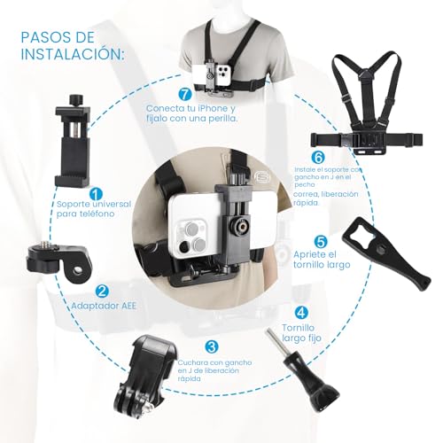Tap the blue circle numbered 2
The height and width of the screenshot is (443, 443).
click(103, 290)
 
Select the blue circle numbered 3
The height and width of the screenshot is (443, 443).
click(210, 346)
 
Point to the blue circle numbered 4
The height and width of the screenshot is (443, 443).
click(301, 312)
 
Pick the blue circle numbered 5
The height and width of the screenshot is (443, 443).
click(321, 240)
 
